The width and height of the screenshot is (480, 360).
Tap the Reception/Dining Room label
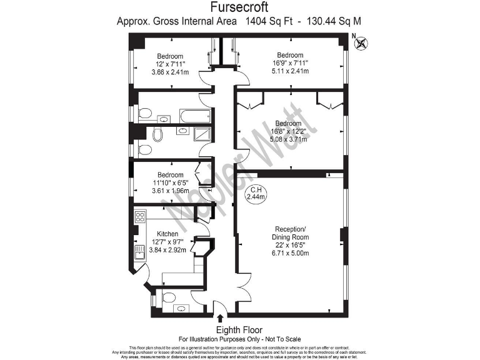(x=290, y=233)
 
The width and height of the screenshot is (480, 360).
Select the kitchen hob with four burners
(x=140, y=218)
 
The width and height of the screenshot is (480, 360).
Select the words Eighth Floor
(x=239, y=329)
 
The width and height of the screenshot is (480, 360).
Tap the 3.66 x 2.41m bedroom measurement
(x=169, y=72)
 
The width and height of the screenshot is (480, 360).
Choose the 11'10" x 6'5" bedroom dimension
(x=170, y=183)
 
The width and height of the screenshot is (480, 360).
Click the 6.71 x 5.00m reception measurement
(x=290, y=253)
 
